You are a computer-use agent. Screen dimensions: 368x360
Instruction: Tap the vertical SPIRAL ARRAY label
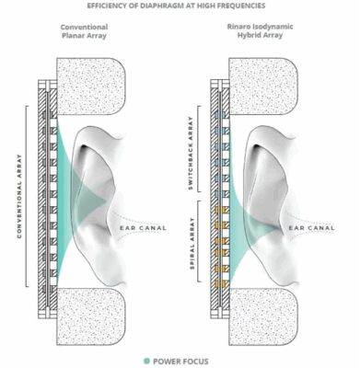[x=191, y=242]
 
